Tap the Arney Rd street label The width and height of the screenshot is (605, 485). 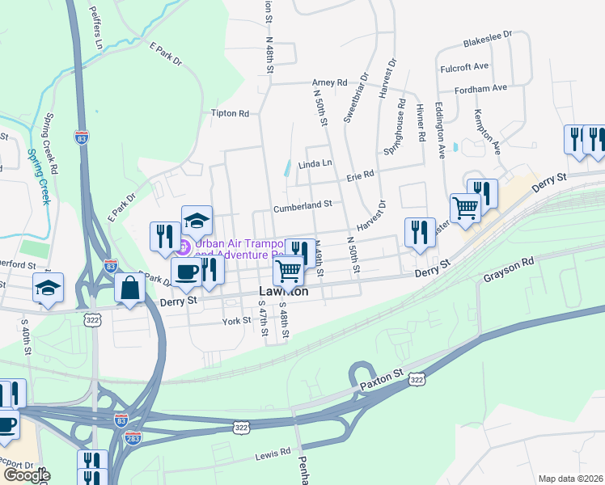330,82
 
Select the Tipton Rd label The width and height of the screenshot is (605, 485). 230,113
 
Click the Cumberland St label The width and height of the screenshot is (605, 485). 303,205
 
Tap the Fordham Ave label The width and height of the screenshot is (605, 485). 480,88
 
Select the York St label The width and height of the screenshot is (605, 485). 238,321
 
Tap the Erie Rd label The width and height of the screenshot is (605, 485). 361,174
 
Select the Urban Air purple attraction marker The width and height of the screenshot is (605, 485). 184,247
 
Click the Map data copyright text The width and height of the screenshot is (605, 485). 569,479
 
